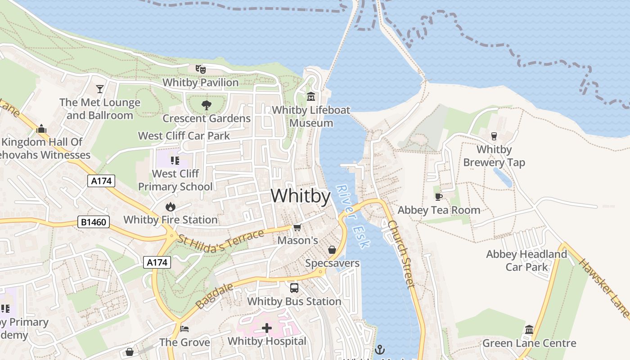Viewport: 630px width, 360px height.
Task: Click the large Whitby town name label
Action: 301,196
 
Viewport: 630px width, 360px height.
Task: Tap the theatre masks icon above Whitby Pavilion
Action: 200,69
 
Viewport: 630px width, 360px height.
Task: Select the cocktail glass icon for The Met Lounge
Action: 100,89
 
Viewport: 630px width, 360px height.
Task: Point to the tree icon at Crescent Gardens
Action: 207,105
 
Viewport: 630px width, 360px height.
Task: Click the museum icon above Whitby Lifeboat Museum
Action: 311,97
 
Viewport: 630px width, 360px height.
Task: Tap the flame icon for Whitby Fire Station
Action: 170,207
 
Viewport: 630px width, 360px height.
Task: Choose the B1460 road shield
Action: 94,222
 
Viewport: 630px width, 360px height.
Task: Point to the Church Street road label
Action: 400,254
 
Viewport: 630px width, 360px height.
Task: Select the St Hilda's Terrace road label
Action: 220,237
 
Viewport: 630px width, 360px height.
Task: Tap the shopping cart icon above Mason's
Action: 297,228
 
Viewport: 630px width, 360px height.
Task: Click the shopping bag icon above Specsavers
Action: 332,250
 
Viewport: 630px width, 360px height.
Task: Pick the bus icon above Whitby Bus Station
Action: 294,288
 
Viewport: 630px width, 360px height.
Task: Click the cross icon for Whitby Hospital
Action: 267,328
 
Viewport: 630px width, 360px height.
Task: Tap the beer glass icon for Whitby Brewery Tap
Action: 494,136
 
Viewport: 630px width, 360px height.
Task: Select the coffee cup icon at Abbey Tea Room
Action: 439,197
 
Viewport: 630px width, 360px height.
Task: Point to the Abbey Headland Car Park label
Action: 526,261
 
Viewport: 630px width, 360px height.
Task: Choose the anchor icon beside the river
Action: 380,349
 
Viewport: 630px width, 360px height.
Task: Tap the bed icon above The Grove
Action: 184,329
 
